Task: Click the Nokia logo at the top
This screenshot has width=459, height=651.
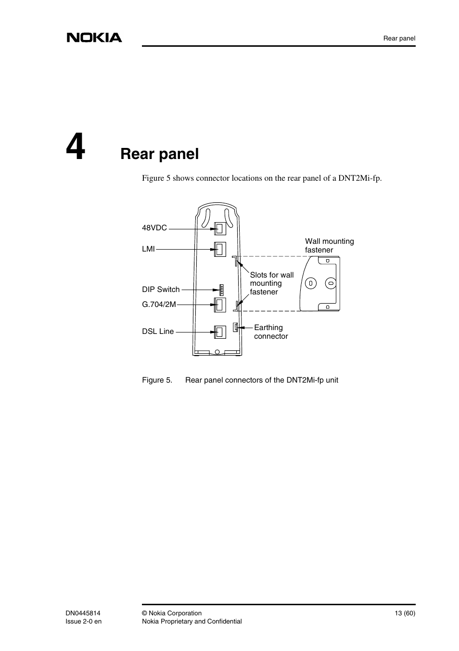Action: (94, 38)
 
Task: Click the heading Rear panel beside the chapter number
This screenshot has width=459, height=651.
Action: (159, 154)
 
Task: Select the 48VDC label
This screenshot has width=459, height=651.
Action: (154, 228)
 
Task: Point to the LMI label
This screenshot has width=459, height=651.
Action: (148, 249)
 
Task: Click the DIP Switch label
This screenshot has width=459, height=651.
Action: (161, 290)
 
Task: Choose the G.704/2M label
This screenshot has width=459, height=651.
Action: (159, 304)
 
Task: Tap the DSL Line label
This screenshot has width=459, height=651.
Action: (158, 332)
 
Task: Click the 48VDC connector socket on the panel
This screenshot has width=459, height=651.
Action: (220, 228)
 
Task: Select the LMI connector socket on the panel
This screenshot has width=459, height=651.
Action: (220, 249)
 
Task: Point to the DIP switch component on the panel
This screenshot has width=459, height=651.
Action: (222, 290)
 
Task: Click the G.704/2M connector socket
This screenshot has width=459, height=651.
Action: (220, 305)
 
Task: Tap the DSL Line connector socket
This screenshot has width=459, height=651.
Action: (220, 332)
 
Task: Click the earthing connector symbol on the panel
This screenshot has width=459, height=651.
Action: (236, 328)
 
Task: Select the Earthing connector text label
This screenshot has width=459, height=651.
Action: (271, 332)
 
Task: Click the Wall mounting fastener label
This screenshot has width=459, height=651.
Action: (329, 245)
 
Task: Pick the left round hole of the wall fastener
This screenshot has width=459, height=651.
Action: (311, 283)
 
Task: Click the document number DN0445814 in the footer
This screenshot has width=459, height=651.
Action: (83, 613)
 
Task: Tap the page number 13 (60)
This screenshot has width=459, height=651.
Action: (405, 613)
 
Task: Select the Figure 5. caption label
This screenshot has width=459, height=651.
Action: (157, 380)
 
